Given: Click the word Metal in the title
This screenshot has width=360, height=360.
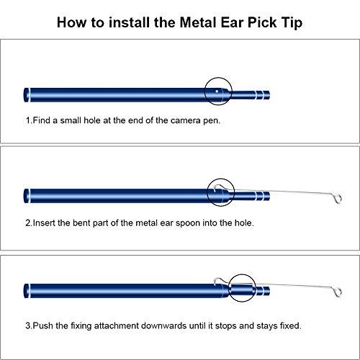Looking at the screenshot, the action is coord(198,22).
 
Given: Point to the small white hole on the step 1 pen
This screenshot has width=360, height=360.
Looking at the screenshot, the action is coord(217,91).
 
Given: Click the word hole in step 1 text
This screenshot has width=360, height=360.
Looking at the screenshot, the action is coord(92,120).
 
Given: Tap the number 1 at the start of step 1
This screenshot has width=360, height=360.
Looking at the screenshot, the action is coord(28,120).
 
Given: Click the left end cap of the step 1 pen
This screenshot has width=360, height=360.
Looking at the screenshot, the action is coord(27,95).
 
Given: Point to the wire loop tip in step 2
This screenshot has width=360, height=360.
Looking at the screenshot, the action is coord(338,199).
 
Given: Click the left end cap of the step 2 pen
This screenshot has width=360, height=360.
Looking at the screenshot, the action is coord(27,196).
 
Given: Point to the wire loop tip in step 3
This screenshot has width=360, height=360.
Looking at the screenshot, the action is coord(338,292).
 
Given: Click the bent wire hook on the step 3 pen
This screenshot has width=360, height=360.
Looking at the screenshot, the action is coord(218,281).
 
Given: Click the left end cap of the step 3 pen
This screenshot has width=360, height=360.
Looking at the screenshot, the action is coord(27,291).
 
